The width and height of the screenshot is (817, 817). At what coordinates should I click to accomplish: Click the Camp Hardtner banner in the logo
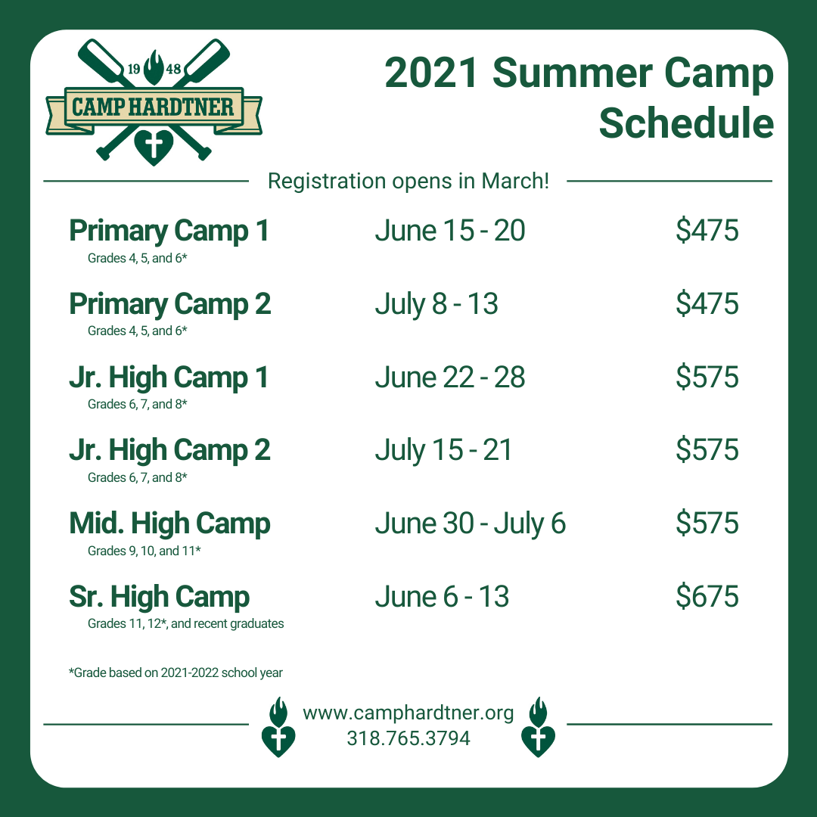[154, 109]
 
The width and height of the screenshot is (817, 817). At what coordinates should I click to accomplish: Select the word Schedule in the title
[686, 123]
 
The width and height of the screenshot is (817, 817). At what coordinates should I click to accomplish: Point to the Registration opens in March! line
[408, 182]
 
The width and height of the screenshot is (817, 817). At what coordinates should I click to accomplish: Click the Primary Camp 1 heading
[169, 231]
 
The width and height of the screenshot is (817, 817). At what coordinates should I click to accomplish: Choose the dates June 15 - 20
[450, 230]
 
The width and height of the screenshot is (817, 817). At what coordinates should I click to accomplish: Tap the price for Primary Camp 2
[707, 303]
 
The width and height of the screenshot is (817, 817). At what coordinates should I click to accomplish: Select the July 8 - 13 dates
[436, 304]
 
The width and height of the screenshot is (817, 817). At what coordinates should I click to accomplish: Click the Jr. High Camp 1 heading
[169, 377]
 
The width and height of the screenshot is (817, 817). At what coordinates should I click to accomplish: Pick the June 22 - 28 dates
[450, 377]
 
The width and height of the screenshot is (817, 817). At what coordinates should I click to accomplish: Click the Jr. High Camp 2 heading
[170, 451]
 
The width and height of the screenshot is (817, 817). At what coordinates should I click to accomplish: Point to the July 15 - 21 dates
[443, 451]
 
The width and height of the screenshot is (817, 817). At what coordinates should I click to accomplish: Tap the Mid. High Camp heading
[170, 524]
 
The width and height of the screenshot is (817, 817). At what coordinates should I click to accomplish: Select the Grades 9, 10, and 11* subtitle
[144, 551]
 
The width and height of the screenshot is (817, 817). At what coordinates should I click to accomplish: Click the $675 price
[707, 596]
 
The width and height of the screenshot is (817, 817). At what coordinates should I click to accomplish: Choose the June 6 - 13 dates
[442, 597]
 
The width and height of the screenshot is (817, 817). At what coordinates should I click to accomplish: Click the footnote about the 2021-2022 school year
[176, 673]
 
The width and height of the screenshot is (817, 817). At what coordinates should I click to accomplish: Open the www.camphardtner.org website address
[408, 713]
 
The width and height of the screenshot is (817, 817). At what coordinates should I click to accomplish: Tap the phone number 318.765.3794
[408, 738]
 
